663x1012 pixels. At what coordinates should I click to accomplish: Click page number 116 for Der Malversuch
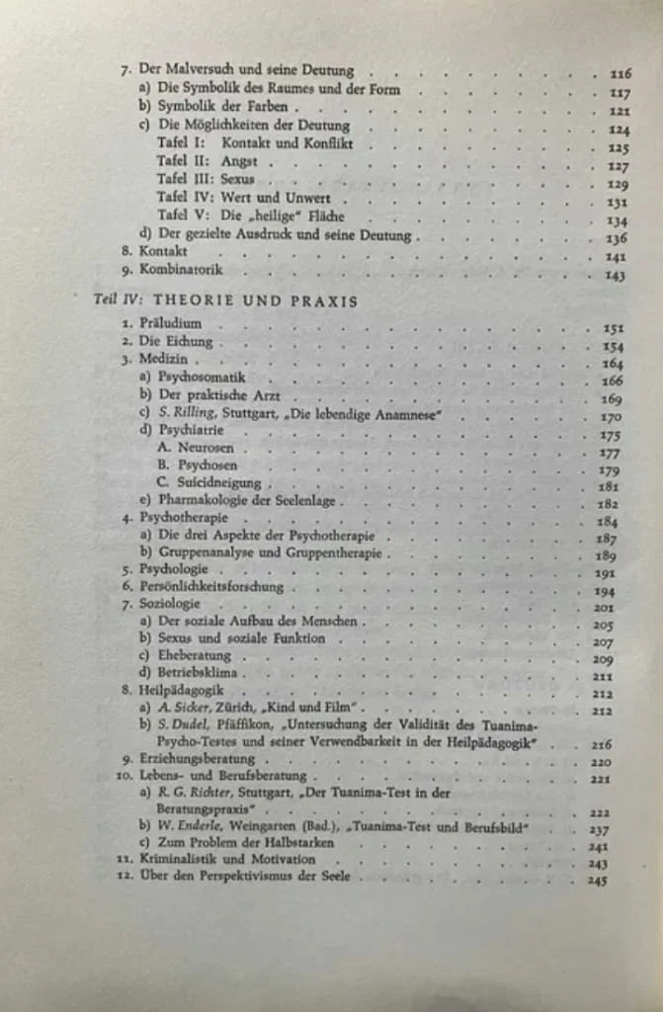coord(621,73)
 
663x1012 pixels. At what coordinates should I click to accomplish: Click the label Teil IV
coord(101,300)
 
